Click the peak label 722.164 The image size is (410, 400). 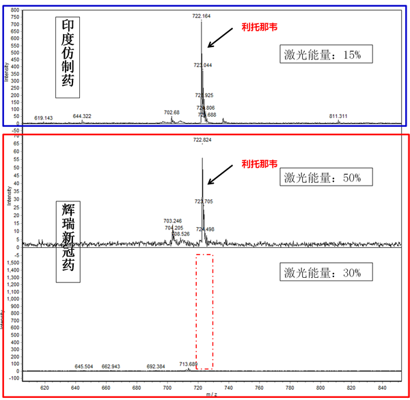pyautogui.click(x=202, y=16)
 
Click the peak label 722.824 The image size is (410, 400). pyautogui.click(x=202, y=140)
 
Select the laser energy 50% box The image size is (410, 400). pyautogui.click(x=327, y=177)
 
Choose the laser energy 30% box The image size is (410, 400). pyautogui.click(x=327, y=273)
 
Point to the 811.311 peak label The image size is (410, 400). pyautogui.click(x=338, y=117)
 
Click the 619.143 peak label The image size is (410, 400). pyautogui.click(x=43, y=118)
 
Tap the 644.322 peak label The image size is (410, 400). pyautogui.click(x=82, y=116)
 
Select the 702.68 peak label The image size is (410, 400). pyautogui.click(x=172, y=112)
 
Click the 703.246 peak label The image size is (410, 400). pyautogui.click(x=173, y=221)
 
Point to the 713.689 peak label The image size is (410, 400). pyautogui.click(x=189, y=364)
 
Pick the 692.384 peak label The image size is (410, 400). pyautogui.click(x=156, y=367)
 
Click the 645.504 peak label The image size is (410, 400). pyautogui.click(x=83, y=367)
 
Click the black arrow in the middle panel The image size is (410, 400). pyautogui.click(x=220, y=175)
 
